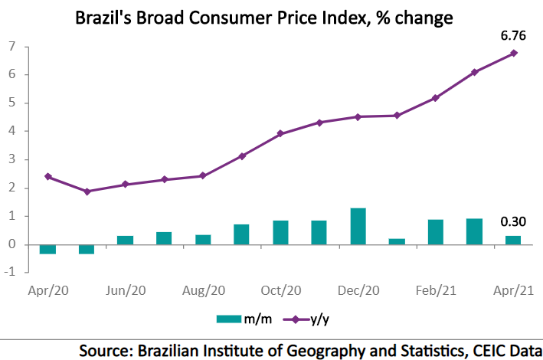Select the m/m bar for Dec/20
pyautogui.click(x=358, y=226)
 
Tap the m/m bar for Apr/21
pyautogui.click(x=513, y=240)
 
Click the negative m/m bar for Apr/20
pyautogui.click(x=47, y=249)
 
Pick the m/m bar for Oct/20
pyautogui.click(x=280, y=232)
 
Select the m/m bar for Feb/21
pyautogui.click(x=436, y=232)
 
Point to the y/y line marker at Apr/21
pyautogui.click(x=513, y=53)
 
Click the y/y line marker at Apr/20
pyautogui.click(x=47, y=176)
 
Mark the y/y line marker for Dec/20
pyautogui.click(x=358, y=116)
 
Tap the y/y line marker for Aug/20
pyautogui.click(x=202, y=175)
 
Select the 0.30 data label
pyautogui.click(x=513, y=222)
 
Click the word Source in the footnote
pyautogui.click(x=106, y=350)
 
